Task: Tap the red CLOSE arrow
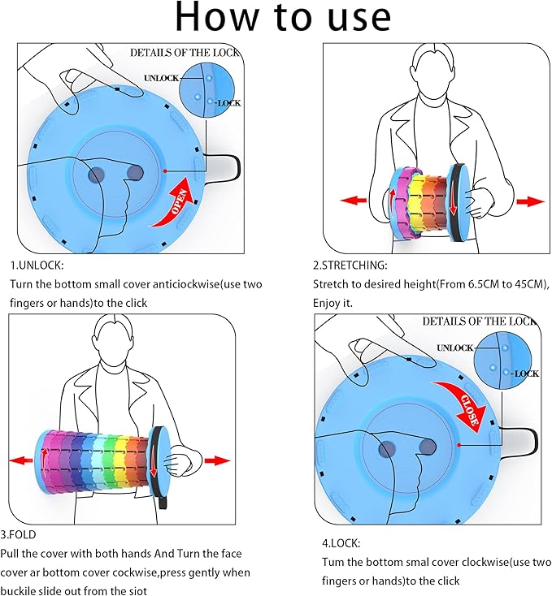pos(466,402)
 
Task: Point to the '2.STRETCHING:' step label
pos(350,265)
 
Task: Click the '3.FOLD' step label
pos(24,534)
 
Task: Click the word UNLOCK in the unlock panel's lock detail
pos(160,78)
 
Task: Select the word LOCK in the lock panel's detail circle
pos(524,374)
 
